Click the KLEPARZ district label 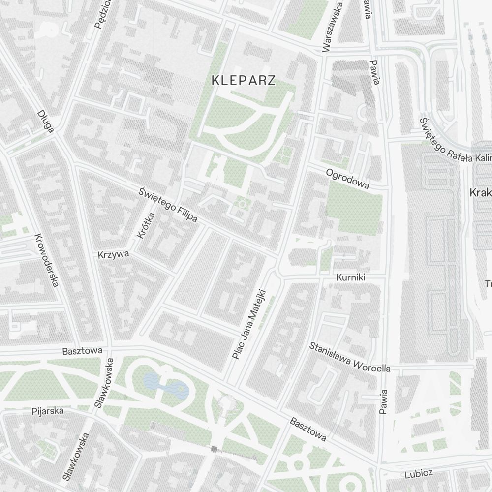point(243,81)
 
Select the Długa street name point(45,121)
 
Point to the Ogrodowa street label point(347,179)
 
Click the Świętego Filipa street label point(168,204)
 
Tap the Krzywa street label point(113,254)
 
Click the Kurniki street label point(350,277)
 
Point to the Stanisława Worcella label point(350,357)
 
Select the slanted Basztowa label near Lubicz point(308,429)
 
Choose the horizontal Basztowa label point(82,351)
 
